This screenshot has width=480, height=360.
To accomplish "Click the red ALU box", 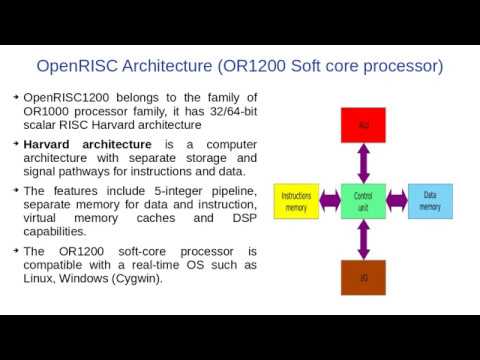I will (364, 125).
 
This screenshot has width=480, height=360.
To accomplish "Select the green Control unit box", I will (364, 201).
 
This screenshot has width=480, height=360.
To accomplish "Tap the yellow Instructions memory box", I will (296, 201).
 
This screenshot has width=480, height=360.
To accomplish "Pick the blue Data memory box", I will (430, 200).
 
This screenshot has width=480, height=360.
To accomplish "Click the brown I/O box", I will (364, 277).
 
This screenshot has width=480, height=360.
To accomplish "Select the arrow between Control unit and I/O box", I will (364, 240).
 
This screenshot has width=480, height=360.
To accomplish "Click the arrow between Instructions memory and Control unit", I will (330, 201).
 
